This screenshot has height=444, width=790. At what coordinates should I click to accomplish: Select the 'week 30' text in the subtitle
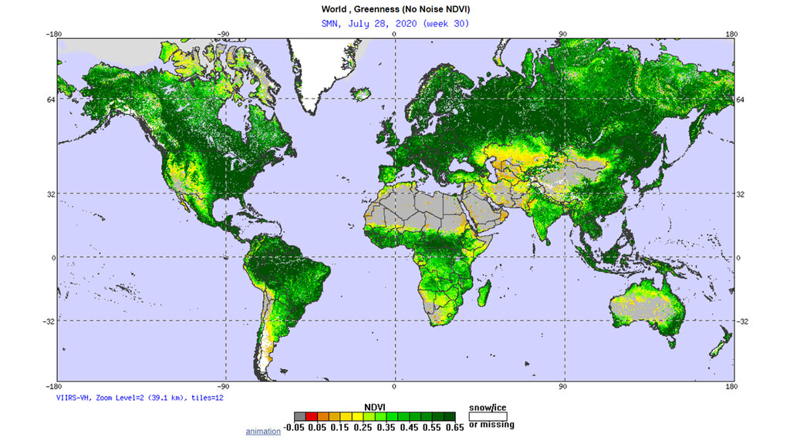click(447, 23)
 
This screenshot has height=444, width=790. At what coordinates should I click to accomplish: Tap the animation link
click(263, 431)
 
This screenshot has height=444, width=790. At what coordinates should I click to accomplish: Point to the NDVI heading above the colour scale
click(374, 406)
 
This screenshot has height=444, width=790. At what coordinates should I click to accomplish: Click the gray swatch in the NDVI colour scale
click(299, 416)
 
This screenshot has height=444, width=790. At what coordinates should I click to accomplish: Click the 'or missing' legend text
click(491, 425)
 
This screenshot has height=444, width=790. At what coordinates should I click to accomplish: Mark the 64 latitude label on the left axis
click(49, 99)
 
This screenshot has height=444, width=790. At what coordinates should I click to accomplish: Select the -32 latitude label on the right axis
click(744, 321)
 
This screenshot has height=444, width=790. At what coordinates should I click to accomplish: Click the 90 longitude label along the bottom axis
click(563, 388)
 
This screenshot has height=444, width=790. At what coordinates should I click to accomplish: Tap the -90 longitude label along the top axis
click(222, 34)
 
